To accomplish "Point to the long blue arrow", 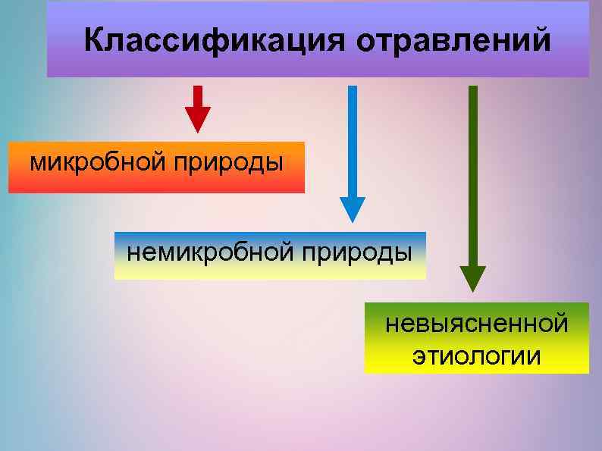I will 352,152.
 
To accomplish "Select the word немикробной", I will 209,251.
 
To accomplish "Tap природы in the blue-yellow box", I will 357,252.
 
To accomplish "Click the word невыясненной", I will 476,324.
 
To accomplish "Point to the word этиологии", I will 476,355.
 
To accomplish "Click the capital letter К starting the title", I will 94,40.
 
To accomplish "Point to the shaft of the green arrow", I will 473,174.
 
